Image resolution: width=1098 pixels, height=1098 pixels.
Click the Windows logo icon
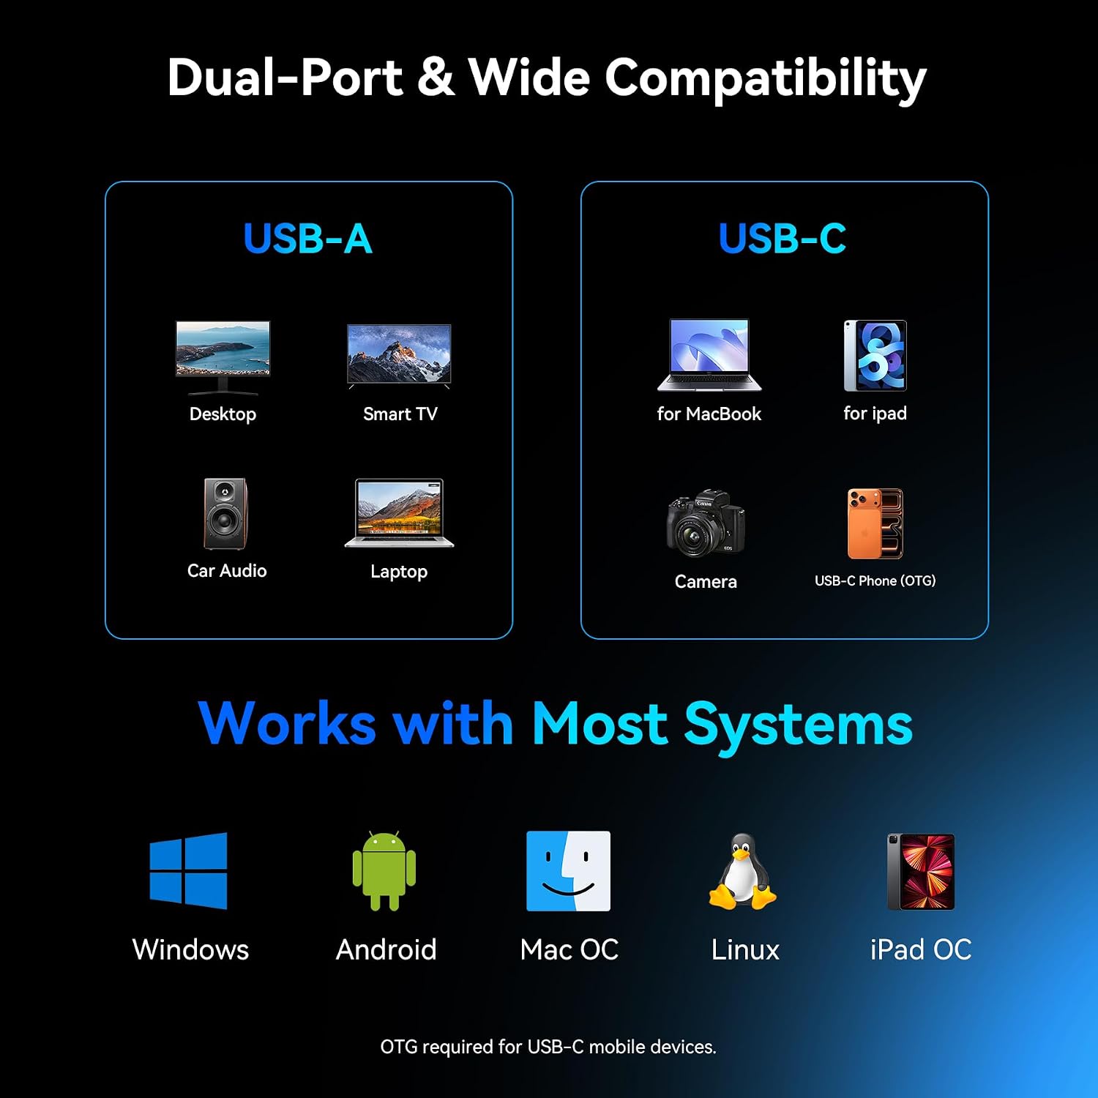pyautogui.click(x=188, y=871)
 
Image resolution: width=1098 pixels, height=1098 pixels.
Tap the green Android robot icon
pyautogui.click(x=384, y=871)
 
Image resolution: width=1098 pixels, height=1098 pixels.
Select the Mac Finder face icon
pyautogui.click(x=568, y=871)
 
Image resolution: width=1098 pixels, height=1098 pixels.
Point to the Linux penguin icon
pyautogui.click(x=742, y=871)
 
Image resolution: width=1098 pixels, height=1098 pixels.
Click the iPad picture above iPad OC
pyautogui.click(x=921, y=872)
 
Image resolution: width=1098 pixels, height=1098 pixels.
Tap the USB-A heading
pyautogui.click(x=307, y=239)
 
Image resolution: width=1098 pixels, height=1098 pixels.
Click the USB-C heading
pyautogui.click(x=783, y=239)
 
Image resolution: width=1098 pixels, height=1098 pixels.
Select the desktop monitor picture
pyautogui.click(x=223, y=357)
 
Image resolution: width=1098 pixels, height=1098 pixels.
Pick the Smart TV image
pyautogui.click(x=399, y=356)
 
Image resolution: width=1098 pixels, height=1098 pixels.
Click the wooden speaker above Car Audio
pyautogui.click(x=225, y=513)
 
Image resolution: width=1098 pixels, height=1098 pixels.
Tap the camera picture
pyautogui.click(x=706, y=522)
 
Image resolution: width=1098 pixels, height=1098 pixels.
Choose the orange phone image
pyautogui.click(x=875, y=523)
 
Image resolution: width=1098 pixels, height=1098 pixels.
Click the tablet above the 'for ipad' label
pyautogui.click(x=875, y=356)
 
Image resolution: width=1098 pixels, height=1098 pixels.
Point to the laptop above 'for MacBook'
pyautogui.click(x=709, y=355)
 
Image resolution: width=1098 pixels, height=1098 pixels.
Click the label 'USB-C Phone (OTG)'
pyautogui.click(x=875, y=580)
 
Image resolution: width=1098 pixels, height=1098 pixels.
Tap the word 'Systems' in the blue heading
pyautogui.click(x=798, y=725)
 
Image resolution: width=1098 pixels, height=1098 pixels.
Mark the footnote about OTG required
pyautogui.click(x=548, y=1047)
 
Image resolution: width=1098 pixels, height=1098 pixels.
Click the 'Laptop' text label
pyautogui.click(x=399, y=572)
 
